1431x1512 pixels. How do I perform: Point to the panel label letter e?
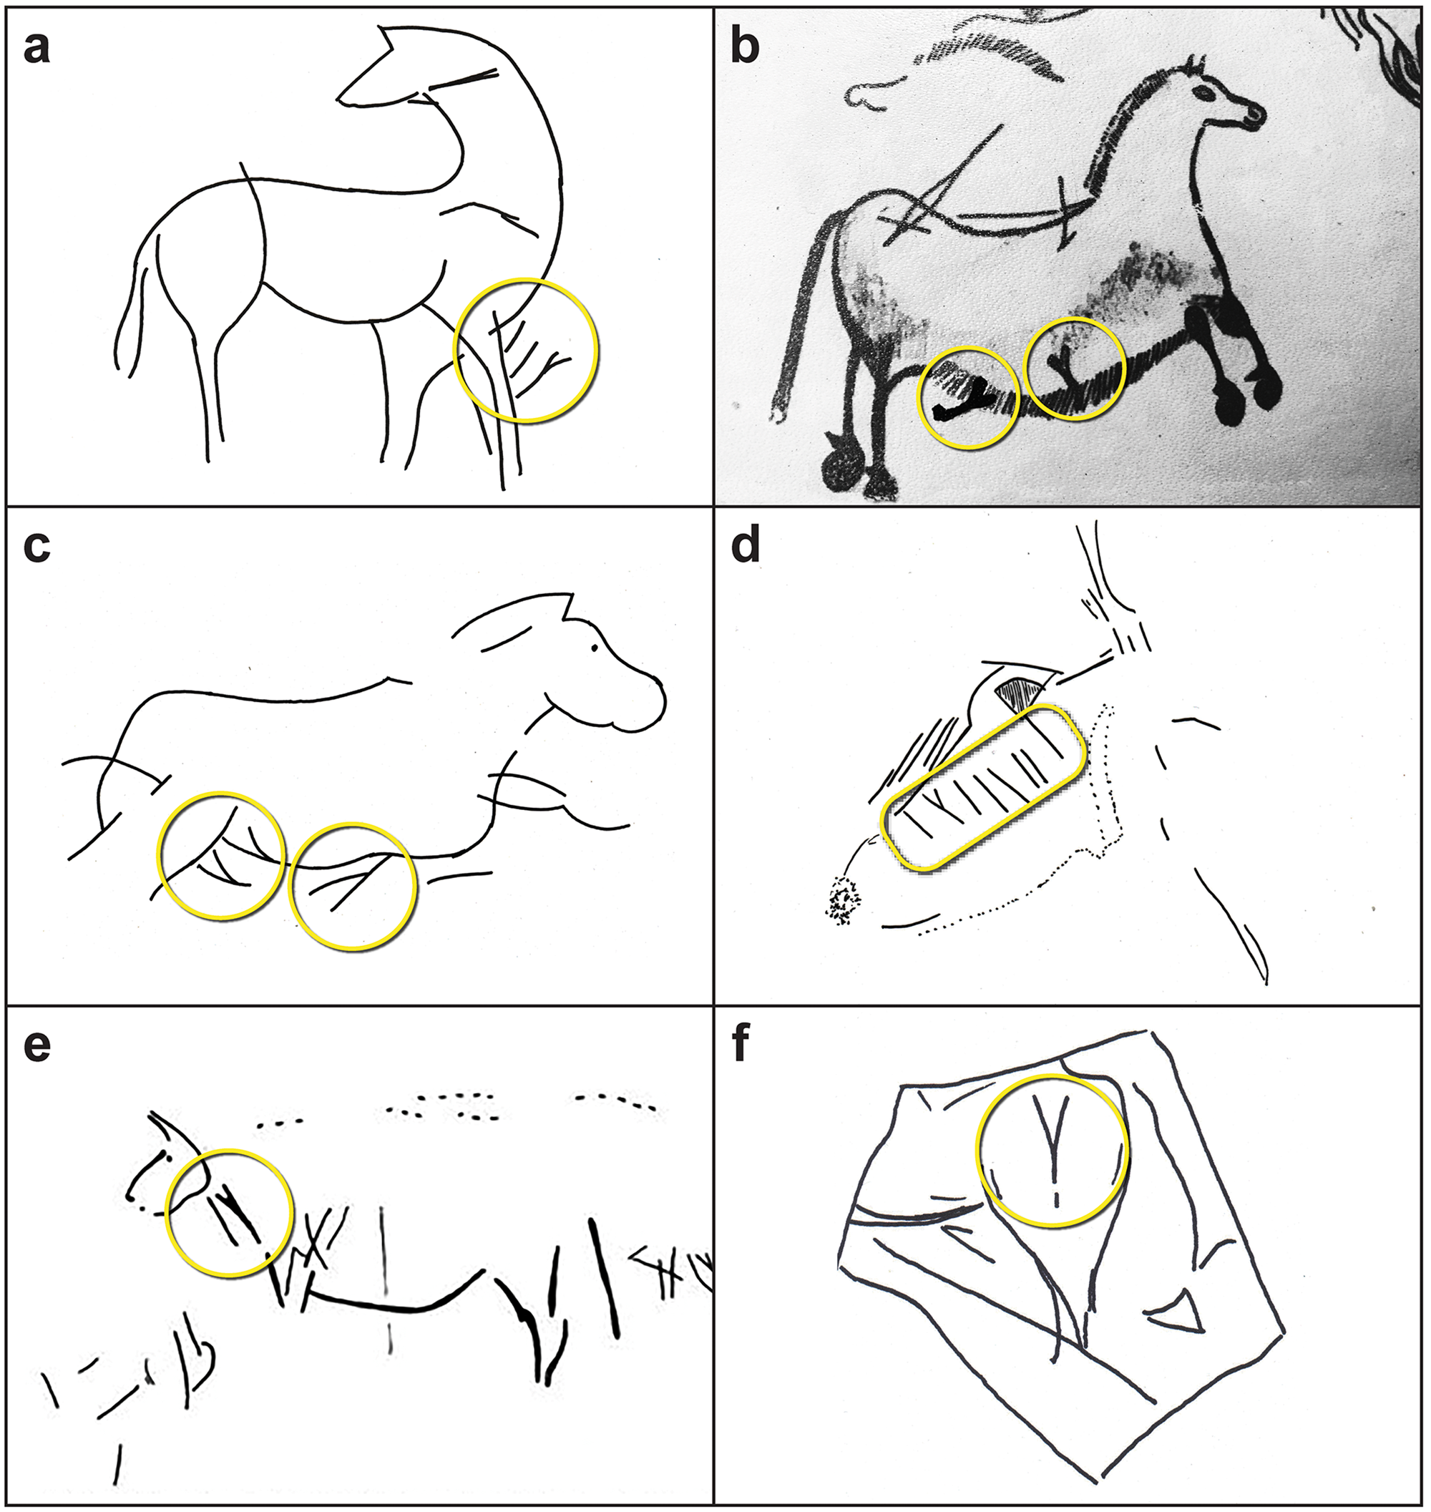pyautogui.click(x=36, y=1045)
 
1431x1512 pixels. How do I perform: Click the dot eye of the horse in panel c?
pyautogui.click(x=593, y=648)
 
